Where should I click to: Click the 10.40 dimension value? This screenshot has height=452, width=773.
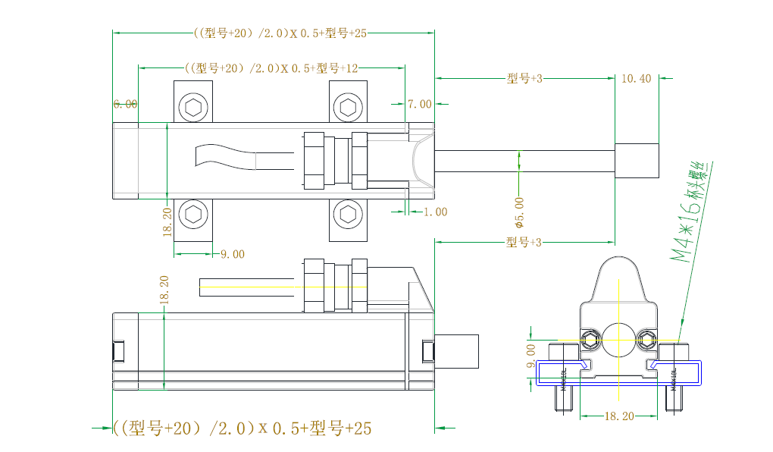click(636, 78)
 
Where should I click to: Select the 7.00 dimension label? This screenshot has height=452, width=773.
click(419, 104)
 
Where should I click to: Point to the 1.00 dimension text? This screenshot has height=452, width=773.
click(435, 212)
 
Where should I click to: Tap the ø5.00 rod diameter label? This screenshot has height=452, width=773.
click(519, 212)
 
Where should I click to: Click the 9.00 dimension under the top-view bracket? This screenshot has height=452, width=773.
click(233, 254)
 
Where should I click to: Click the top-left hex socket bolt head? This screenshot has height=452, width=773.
click(193, 108)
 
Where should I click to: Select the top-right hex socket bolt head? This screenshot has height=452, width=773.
click(348, 108)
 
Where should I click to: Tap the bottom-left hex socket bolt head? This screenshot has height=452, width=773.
click(193, 215)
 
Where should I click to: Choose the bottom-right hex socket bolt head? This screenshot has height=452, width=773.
click(348, 215)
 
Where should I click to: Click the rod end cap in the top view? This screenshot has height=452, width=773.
click(636, 161)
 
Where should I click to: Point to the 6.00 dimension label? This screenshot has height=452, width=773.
click(126, 104)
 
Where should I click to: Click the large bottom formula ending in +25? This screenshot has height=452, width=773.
click(243, 428)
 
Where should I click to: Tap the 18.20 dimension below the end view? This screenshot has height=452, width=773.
click(619, 416)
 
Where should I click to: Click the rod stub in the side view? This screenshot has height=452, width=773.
click(458, 351)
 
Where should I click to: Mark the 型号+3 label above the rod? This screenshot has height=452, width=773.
click(524, 78)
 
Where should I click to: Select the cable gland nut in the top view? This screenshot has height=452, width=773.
click(313, 161)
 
